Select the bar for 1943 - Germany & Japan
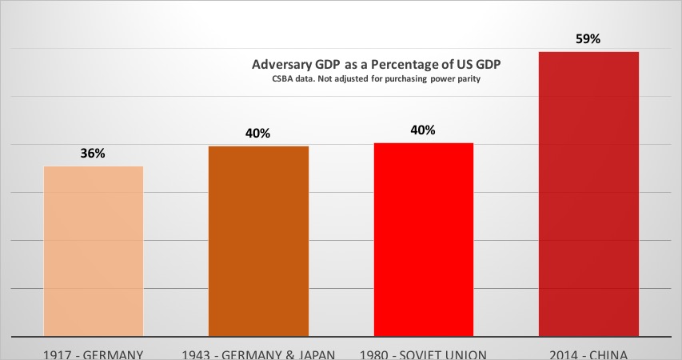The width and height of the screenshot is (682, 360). [x=258, y=241]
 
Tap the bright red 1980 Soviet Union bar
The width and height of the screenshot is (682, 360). [x=424, y=239]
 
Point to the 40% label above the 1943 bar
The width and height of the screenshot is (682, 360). [x=257, y=134]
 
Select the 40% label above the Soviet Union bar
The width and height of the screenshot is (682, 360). [x=422, y=130]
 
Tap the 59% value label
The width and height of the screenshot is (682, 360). [x=588, y=38]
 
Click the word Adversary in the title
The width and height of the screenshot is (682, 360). [x=281, y=65]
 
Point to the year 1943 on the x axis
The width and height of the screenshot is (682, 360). [x=197, y=353]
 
